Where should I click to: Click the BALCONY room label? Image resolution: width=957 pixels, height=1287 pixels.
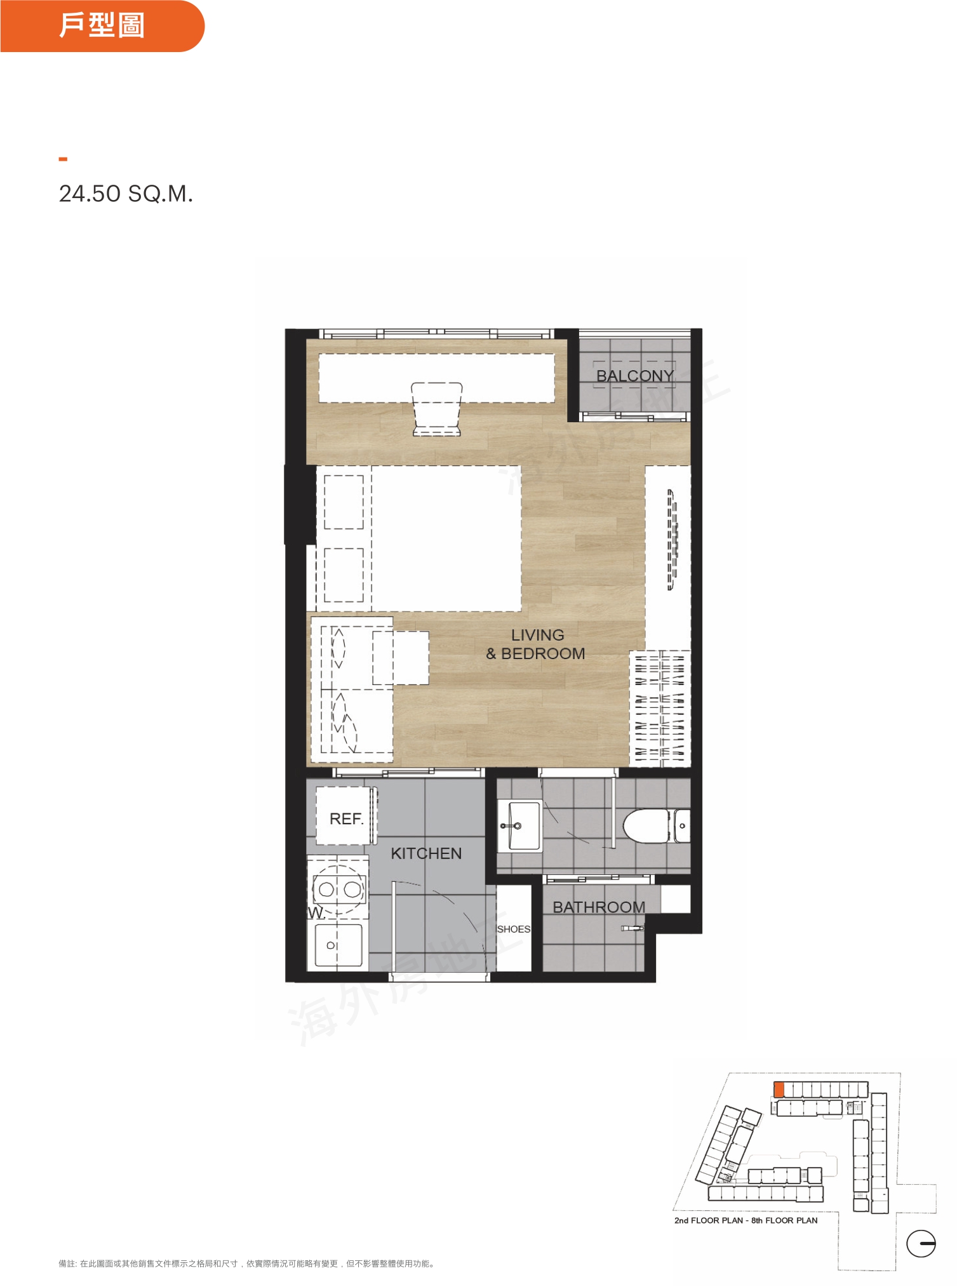pyautogui.click(x=634, y=376)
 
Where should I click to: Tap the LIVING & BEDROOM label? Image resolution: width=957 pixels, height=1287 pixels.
pyautogui.click(x=536, y=644)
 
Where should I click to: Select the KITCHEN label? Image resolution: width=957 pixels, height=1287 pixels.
pyautogui.click(x=426, y=853)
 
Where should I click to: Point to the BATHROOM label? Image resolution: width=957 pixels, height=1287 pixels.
pyautogui.click(x=599, y=907)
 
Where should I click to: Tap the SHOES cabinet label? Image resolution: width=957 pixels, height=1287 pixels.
pyautogui.click(x=513, y=929)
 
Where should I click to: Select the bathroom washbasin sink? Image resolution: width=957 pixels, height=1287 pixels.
pyautogui.click(x=519, y=825)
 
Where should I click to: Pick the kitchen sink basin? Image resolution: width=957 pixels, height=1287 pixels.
pyautogui.click(x=338, y=945)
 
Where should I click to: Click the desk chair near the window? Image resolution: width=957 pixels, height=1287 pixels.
pyautogui.click(x=437, y=409)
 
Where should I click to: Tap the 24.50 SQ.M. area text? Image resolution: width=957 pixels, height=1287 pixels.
pyautogui.click(x=126, y=194)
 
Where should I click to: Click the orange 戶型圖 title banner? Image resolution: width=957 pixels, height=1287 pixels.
pyautogui.click(x=102, y=26)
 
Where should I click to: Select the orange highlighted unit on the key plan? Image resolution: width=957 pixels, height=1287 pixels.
pyautogui.click(x=779, y=1090)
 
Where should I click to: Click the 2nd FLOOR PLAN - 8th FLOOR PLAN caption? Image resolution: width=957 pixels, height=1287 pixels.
pyautogui.click(x=746, y=1220)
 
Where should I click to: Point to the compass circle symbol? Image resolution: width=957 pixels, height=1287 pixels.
pyautogui.click(x=921, y=1243)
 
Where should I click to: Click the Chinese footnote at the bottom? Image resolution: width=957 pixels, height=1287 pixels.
pyautogui.click(x=247, y=1264)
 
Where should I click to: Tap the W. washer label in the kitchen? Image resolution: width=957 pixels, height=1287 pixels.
pyautogui.click(x=316, y=913)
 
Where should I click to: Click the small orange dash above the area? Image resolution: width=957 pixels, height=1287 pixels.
pyautogui.click(x=63, y=159)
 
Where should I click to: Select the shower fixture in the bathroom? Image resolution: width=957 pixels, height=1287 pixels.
pyautogui.click(x=632, y=928)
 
